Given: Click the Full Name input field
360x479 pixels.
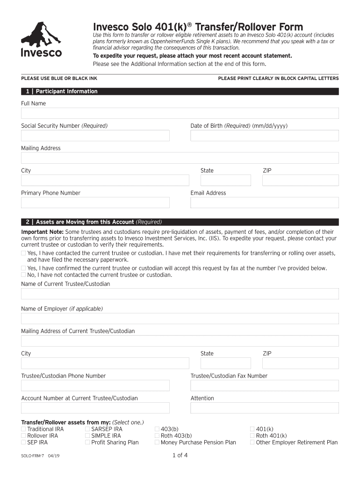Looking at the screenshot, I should (x=180, y=113).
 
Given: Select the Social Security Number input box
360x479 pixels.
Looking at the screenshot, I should (x=95, y=136).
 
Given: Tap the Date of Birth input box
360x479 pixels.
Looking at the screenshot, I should (x=264, y=136).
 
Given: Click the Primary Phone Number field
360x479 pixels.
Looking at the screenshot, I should (x=95, y=203).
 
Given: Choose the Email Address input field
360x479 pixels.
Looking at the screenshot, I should (x=264, y=203).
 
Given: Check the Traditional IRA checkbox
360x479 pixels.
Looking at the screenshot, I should (x=23, y=429).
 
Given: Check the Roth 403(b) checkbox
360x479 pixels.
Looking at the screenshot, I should (x=157, y=435).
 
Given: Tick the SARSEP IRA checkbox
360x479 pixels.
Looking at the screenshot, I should (x=87, y=429).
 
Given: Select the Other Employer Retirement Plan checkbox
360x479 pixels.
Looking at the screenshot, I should (x=252, y=442).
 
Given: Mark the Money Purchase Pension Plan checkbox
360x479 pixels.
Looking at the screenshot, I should (x=157, y=442).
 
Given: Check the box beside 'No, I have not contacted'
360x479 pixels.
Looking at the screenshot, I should (x=23, y=275).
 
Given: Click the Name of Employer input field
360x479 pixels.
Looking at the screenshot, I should (x=180, y=319).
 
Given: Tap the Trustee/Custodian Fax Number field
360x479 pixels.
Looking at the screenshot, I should (x=264, y=385).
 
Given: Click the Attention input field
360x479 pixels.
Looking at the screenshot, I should (x=264, y=408).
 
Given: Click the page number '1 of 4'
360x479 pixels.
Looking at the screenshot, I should (x=180, y=455).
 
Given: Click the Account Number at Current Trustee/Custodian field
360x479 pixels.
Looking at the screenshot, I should (x=95, y=408).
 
